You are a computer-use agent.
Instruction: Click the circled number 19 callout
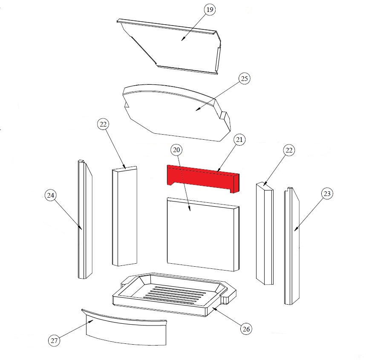210,9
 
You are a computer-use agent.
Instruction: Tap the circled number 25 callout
244,78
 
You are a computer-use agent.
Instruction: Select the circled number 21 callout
239,140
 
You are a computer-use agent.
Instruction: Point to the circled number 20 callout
176,150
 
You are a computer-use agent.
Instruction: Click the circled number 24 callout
51,196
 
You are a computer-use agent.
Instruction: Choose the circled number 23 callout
327,193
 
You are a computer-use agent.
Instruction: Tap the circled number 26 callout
246,329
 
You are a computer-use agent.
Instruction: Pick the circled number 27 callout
54,341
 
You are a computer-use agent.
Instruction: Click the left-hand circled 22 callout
103,124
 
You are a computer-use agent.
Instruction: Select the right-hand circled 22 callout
289,150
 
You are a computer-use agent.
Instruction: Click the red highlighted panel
203,179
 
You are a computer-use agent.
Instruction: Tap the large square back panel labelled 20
203,235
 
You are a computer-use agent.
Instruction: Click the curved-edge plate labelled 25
176,112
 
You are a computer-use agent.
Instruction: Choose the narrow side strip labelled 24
85,219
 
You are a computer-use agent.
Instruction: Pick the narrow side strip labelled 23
291,246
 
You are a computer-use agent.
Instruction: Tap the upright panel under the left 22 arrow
124,216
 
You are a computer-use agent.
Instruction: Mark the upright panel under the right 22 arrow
265,233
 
